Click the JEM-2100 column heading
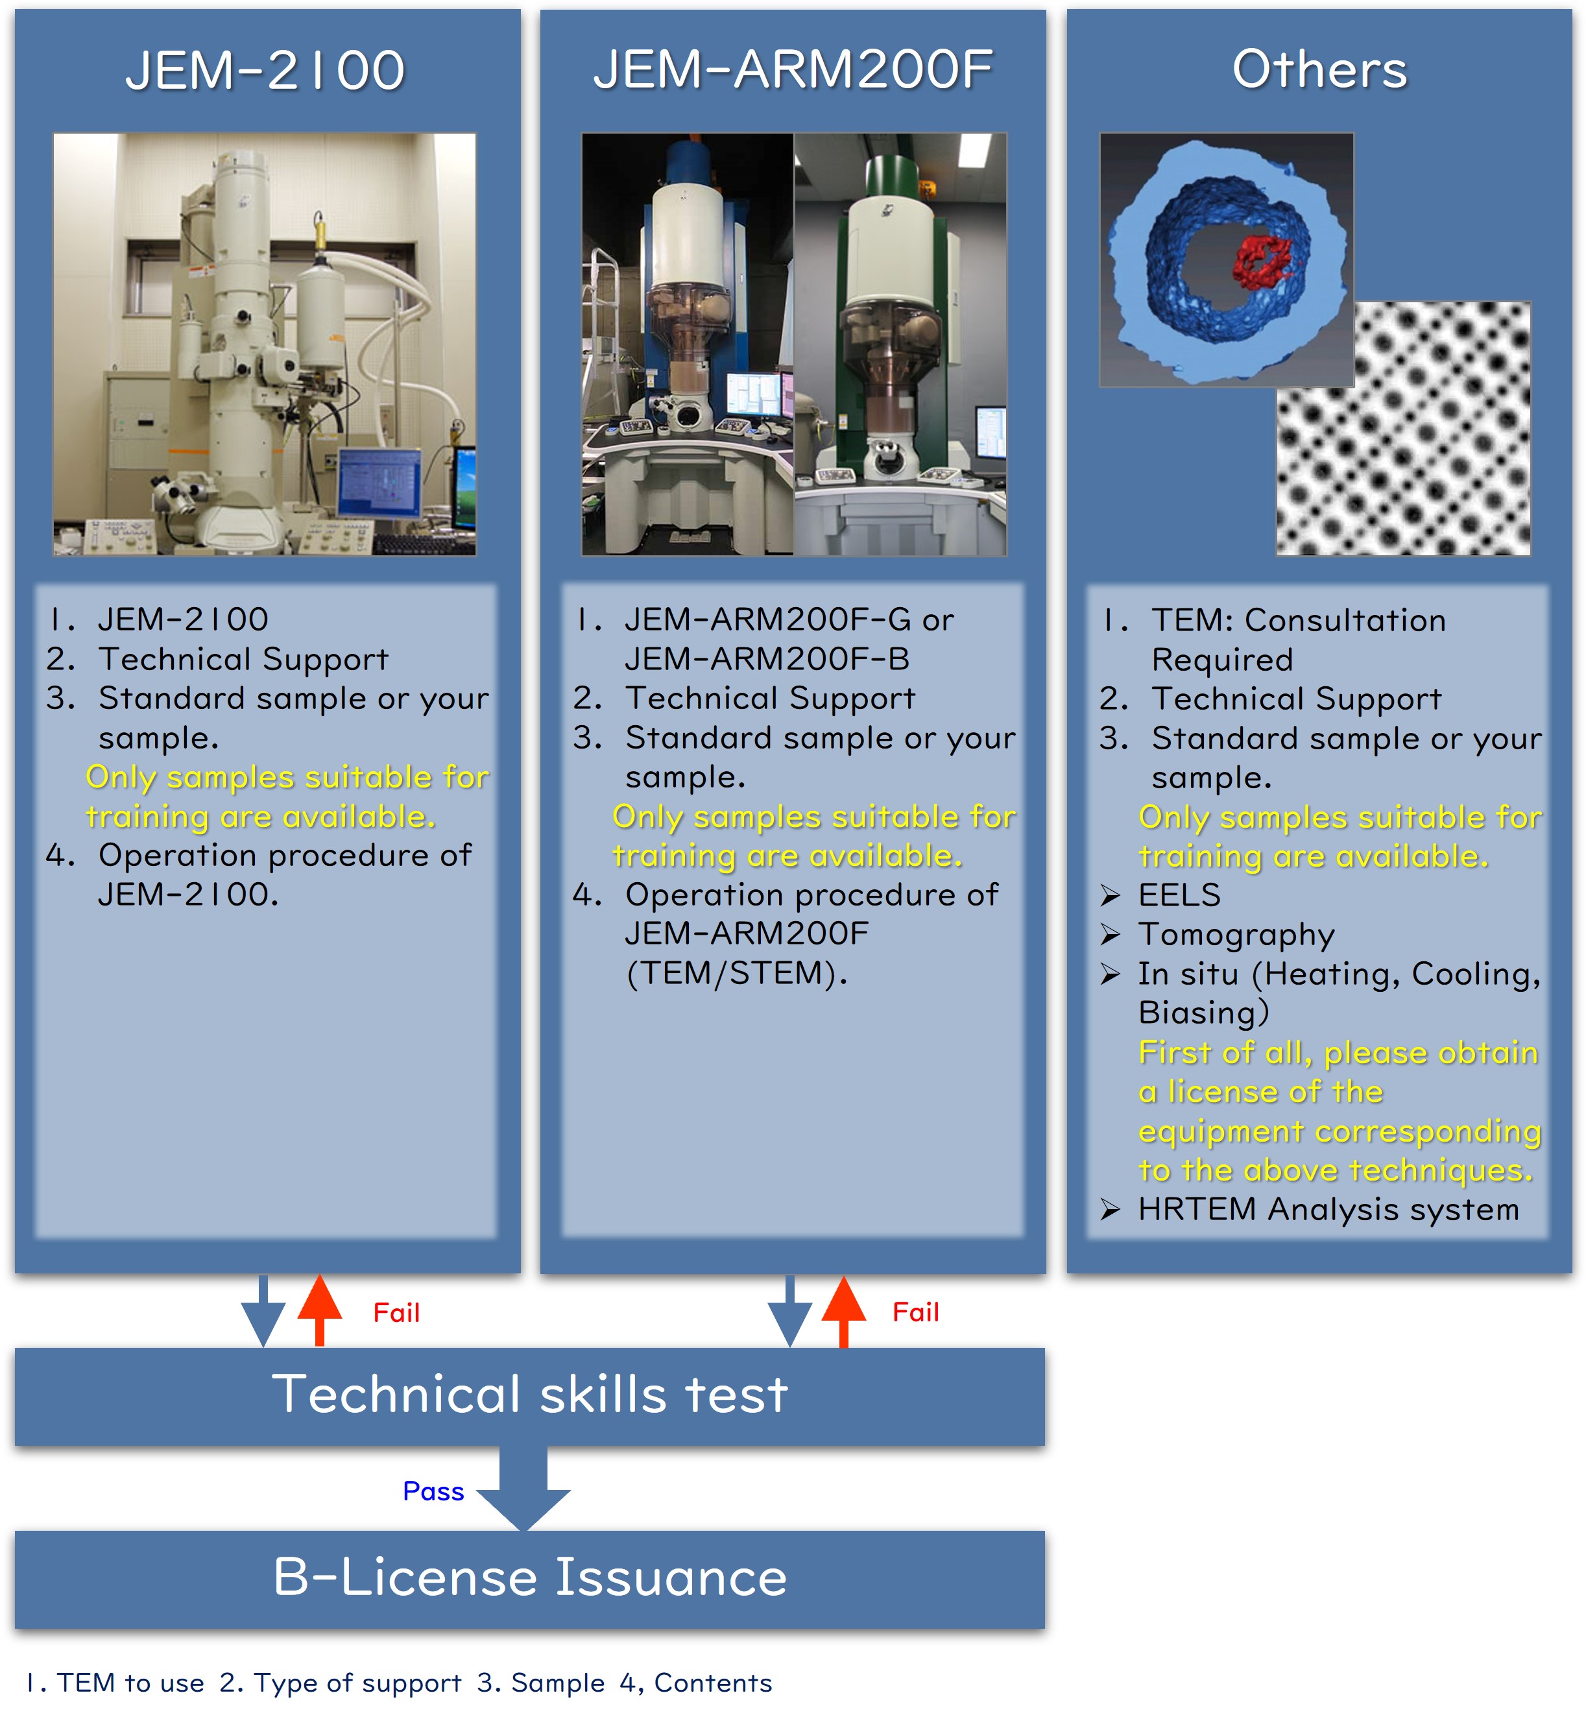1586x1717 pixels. (x=265, y=70)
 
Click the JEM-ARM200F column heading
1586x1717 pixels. (x=793, y=70)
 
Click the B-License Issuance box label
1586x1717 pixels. (x=529, y=1576)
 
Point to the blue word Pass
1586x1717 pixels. (x=433, y=1491)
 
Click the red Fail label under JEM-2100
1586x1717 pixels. (x=396, y=1313)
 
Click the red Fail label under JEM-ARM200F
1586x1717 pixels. (x=916, y=1312)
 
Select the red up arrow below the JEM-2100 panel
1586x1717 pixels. (x=319, y=1310)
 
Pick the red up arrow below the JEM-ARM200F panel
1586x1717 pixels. (x=844, y=1311)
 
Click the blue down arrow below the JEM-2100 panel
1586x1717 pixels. (x=263, y=1311)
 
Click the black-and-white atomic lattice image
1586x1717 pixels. (x=1403, y=429)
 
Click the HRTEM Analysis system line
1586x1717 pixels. (x=1310, y=1210)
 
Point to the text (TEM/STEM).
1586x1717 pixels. (x=736, y=974)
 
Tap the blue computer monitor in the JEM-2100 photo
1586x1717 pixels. (x=379, y=483)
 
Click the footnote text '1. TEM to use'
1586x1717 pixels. (x=115, y=1683)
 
